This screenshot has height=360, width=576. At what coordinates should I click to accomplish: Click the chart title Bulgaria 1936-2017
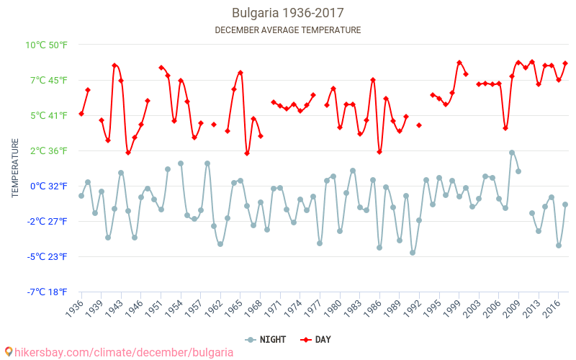[x=287, y=13]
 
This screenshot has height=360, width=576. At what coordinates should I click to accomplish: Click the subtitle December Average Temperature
[x=287, y=30]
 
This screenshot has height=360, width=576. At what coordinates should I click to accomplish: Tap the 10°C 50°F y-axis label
[x=47, y=45]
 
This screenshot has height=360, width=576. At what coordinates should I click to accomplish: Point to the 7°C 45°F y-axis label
[x=48, y=80]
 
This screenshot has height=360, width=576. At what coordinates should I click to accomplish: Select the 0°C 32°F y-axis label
[x=48, y=186]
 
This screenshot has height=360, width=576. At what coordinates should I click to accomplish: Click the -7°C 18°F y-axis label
[x=47, y=292]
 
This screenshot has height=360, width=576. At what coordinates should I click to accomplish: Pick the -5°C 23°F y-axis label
[x=47, y=256]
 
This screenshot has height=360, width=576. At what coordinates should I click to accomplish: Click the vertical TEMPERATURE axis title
[x=15, y=168]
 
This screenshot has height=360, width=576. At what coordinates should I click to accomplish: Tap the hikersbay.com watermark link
[x=119, y=352]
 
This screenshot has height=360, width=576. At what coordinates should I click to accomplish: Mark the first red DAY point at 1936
[x=81, y=114]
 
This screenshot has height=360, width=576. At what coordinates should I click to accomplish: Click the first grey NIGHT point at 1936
[x=81, y=196]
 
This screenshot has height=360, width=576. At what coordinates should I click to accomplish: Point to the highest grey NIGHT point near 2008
[x=512, y=153]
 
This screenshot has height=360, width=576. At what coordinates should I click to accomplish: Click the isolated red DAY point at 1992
[x=419, y=125]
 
